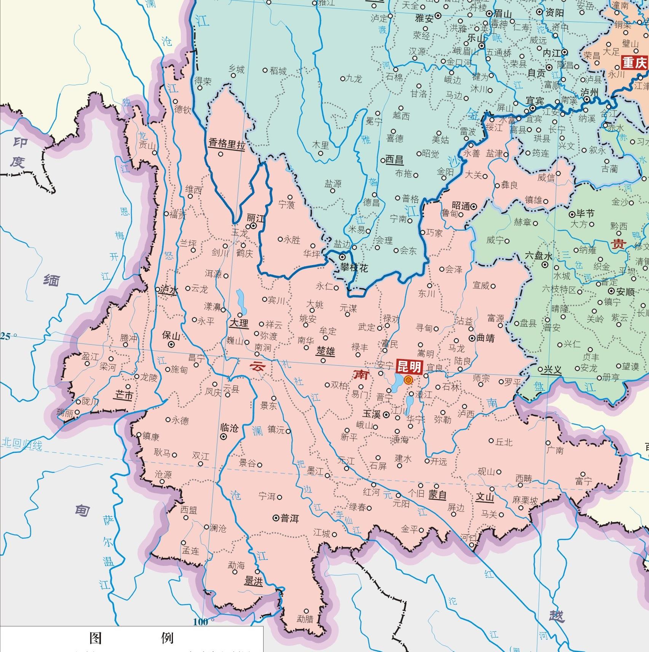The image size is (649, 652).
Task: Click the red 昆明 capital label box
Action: (409, 367)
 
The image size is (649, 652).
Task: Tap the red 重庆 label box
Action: (635, 63)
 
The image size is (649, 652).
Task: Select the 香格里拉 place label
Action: (226, 144)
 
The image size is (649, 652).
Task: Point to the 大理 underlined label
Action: (239, 323)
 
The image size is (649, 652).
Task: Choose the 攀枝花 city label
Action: (354, 268)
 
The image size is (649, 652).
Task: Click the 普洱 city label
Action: (289, 518)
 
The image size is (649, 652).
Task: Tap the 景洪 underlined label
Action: (253, 581)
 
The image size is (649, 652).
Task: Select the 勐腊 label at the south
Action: (305, 619)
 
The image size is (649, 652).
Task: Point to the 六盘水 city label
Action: (538, 256)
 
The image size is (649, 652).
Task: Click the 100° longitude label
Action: (201, 622)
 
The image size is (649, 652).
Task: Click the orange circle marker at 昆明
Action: (408, 379)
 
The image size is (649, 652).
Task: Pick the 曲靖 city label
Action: (485, 338)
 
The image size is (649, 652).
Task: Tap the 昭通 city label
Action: (461, 206)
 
